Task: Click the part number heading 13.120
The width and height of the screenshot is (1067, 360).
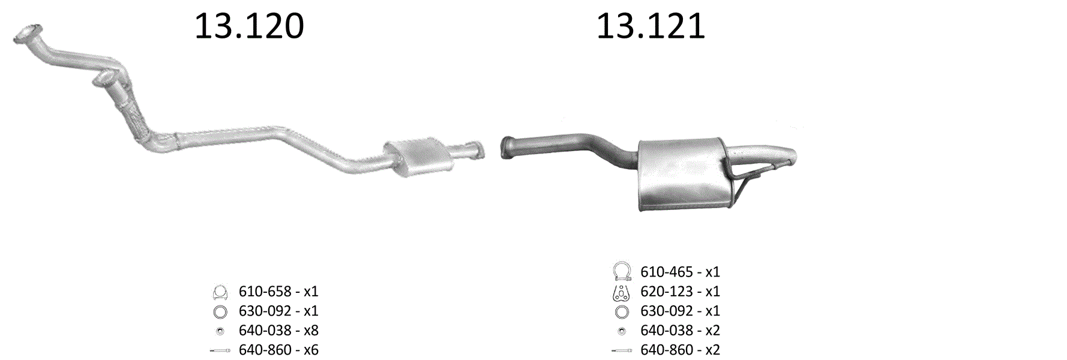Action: point(249,26)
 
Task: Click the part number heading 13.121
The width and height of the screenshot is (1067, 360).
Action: point(651,26)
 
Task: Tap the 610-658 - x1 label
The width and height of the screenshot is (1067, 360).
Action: point(278,292)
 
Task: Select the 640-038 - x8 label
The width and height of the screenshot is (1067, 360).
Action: point(278,331)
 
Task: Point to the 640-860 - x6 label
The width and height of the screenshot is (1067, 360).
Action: point(278,350)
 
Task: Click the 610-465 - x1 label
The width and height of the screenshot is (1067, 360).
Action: point(680,272)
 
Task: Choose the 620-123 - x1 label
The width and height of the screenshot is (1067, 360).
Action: point(680,292)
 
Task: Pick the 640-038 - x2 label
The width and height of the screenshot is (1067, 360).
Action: point(680,331)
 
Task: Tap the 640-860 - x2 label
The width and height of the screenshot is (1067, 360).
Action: point(680,350)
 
